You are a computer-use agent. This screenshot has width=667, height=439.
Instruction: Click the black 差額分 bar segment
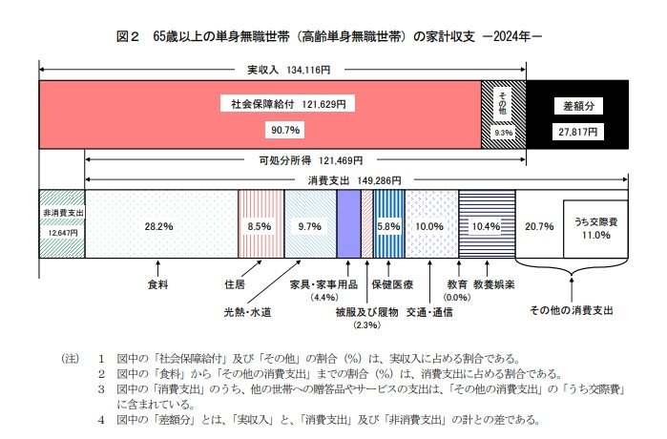click(578, 115)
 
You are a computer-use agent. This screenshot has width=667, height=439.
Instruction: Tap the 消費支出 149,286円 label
click(354, 179)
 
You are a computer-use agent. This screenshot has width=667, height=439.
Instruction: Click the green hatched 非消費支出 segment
click(63, 222)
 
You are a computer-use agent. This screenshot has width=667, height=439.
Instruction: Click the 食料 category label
click(158, 283)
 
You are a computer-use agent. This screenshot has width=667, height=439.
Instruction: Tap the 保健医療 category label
click(392, 284)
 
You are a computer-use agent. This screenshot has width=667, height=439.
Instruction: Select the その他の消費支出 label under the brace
click(571, 310)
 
